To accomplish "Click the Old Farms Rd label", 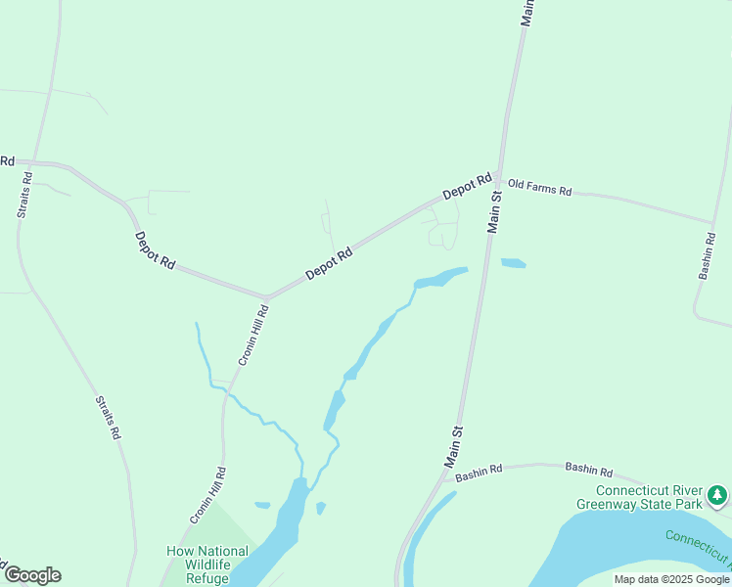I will (539, 188).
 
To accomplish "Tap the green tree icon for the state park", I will (717, 496).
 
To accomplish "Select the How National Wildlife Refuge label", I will (207, 564).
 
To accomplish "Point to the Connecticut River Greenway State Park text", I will (651, 497).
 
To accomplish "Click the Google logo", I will (32, 575).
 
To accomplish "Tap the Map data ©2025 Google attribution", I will (671, 579).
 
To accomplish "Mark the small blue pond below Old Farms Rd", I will (513, 263).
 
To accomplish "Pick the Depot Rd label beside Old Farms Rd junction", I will (466, 187).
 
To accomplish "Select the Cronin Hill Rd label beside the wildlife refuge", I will (208, 496).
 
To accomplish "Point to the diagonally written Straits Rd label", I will (108, 417).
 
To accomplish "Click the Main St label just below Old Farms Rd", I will (495, 211).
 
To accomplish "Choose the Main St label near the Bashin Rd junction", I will (454, 445).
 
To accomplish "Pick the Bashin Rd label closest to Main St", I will (479, 471).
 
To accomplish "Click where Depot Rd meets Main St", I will (498, 178).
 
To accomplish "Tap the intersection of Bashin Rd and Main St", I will (444, 478).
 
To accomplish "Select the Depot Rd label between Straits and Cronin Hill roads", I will (155, 250).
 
